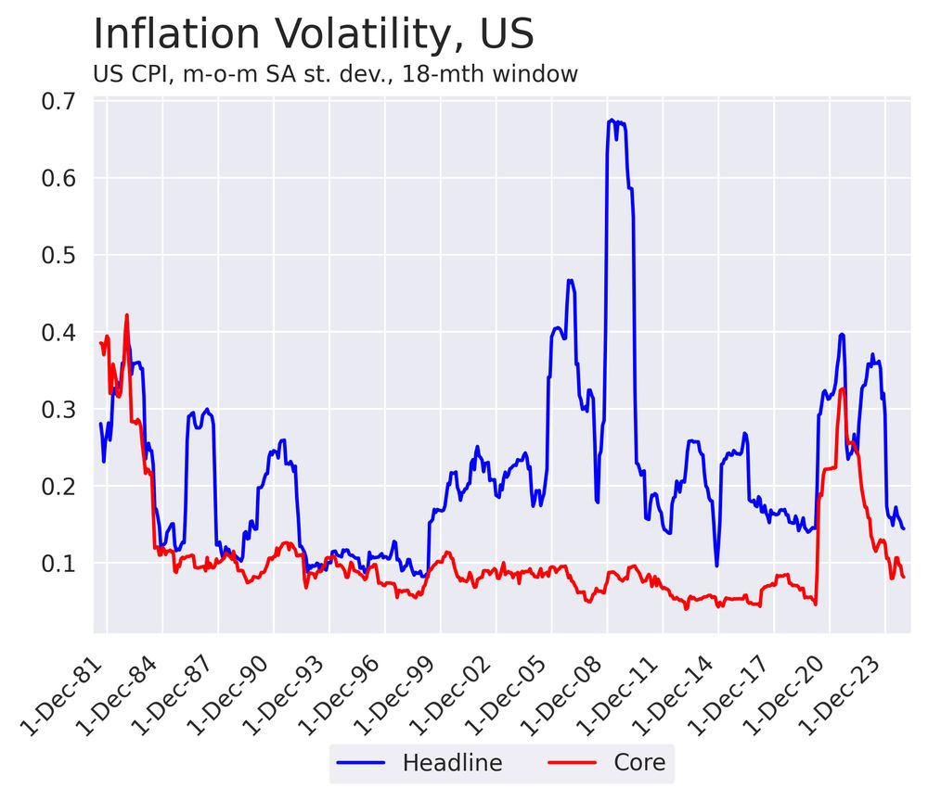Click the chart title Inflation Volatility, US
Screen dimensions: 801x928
point(314,35)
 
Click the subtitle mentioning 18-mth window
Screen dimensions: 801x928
point(336,74)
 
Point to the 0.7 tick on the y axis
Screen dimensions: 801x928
point(58,101)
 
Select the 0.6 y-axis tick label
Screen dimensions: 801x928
point(58,178)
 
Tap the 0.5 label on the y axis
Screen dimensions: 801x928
point(58,255)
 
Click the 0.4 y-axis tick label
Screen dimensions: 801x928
point(58,332)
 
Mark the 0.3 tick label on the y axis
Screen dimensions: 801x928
point(58,409)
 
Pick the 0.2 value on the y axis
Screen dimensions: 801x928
point(58,486)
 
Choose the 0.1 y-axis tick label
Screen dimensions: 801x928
point(58,563)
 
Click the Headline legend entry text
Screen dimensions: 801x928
point(452,763)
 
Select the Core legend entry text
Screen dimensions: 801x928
point(639,763)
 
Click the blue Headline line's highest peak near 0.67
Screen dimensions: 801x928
point(612,121)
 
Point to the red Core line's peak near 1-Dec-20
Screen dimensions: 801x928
point(842,389)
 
